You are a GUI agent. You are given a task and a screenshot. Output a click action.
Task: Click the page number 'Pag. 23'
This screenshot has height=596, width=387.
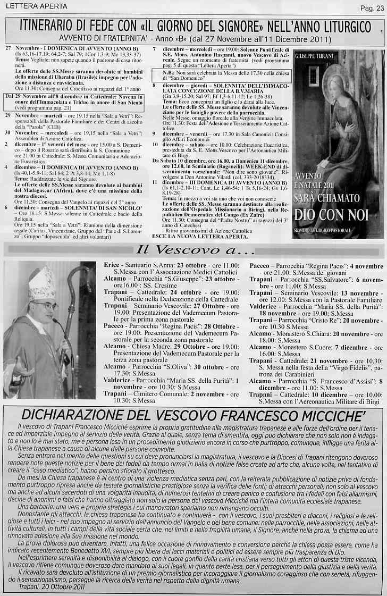tap(372, 7)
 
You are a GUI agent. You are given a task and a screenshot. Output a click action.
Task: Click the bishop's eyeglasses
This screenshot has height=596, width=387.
tap(47, 306)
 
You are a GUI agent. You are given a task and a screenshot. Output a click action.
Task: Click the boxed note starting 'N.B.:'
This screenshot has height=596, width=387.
tap(222, 74)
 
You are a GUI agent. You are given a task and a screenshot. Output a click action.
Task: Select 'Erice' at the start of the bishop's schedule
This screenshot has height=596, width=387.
tap(112, 264)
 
